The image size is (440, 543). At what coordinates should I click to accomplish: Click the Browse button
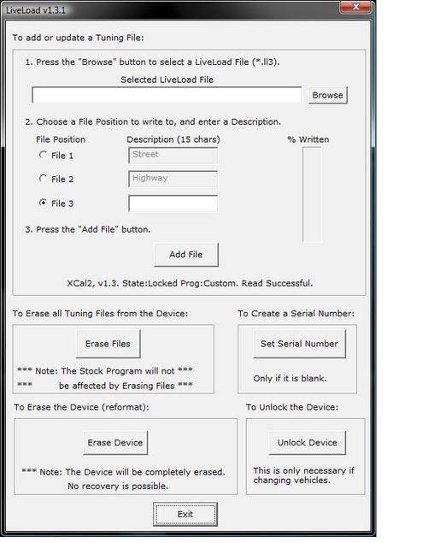(x=327, y=96)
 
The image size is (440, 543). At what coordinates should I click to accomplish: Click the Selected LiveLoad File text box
(x=167, y=96)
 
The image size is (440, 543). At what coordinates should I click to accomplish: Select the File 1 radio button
(x=44, y=155)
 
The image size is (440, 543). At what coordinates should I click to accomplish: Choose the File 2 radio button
(x=44, y=179)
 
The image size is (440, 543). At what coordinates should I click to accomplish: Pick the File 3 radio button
(x=44, y=203)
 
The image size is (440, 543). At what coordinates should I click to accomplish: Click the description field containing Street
(x=173, y=155)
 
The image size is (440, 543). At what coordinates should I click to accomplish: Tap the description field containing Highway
(x=173, y=179)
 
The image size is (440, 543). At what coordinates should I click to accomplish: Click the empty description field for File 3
(x=173, y=203)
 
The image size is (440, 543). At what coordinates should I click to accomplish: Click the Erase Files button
(x=109, y=344)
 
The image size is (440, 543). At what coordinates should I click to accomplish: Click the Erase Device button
(x=116, y=442)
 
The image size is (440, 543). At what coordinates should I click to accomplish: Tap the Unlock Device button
(x=307, y=442)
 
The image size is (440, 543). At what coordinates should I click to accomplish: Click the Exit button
(x=185, y=514)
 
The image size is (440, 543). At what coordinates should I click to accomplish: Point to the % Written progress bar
(x=312, y=194)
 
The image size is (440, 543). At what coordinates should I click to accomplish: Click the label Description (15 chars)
(x=173, y=139)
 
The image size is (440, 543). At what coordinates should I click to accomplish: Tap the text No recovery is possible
(x=118, y=486)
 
